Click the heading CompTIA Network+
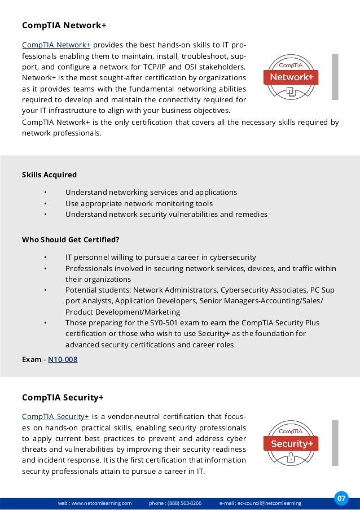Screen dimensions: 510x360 click(x=64, y=25)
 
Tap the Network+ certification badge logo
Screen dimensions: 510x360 click(x=291, y=76)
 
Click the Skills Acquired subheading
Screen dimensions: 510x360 click(x=49, y=175)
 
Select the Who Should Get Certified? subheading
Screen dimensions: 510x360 click(x=71, y=239)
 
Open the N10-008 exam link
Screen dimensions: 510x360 click(x=63, y=359)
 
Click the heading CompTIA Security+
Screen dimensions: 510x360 click(x=63, y=398)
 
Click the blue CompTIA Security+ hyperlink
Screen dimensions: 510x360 click(x=55, y=417)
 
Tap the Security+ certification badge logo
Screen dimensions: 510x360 click(x=291, y=443)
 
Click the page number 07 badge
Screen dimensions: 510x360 click(x=341, y=498)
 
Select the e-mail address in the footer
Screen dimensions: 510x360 click(x=269, y=503)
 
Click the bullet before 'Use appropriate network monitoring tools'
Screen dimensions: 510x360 click(x=45, y=203)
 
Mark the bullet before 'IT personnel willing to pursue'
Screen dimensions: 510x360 click(x=45, y=257)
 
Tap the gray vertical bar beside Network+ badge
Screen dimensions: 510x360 click(x=335, y=77)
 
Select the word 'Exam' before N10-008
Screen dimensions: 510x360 click(x=32, y=359)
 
